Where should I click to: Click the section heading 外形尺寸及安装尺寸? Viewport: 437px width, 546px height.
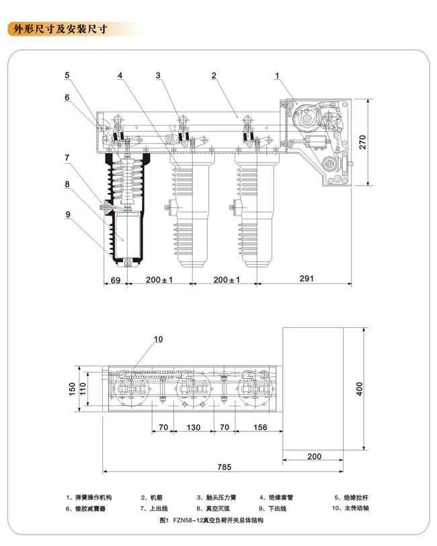click(x=61, y=29)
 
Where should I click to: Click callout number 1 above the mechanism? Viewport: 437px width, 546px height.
click(x=277, y=76)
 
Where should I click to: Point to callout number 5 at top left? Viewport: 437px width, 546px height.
click(x=67, y=75)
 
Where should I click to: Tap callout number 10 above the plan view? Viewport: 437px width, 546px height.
click(x=158, y=339)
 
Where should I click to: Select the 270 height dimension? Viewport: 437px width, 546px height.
click(x=362, y=142)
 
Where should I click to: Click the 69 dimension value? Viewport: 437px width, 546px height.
click(x=116, y=280)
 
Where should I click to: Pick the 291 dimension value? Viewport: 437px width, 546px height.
click(x=307, y=278)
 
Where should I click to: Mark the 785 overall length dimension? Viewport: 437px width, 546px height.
click(x=224, y=467)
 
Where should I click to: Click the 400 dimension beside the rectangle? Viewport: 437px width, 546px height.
click(x=359, y=389)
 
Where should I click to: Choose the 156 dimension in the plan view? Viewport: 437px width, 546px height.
click(x=260, y=427)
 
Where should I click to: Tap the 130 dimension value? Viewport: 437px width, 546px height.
click(x=194, y=427)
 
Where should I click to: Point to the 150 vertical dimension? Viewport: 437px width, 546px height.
click(x=72, y=389)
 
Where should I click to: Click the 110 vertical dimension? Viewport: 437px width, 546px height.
click(x=83, y=389)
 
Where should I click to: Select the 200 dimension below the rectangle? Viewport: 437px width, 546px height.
click(x=314, y=457)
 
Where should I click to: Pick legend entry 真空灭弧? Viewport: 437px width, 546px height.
click(x=218, y=508)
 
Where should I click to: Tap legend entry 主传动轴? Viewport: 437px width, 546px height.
click(x=356, y=508)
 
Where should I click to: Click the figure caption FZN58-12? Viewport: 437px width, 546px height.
click(x=188, y=520)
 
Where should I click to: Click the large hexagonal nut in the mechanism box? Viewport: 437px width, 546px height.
click(x=305, y=117)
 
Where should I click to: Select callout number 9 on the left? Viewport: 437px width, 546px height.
click(x=68, y=214)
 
